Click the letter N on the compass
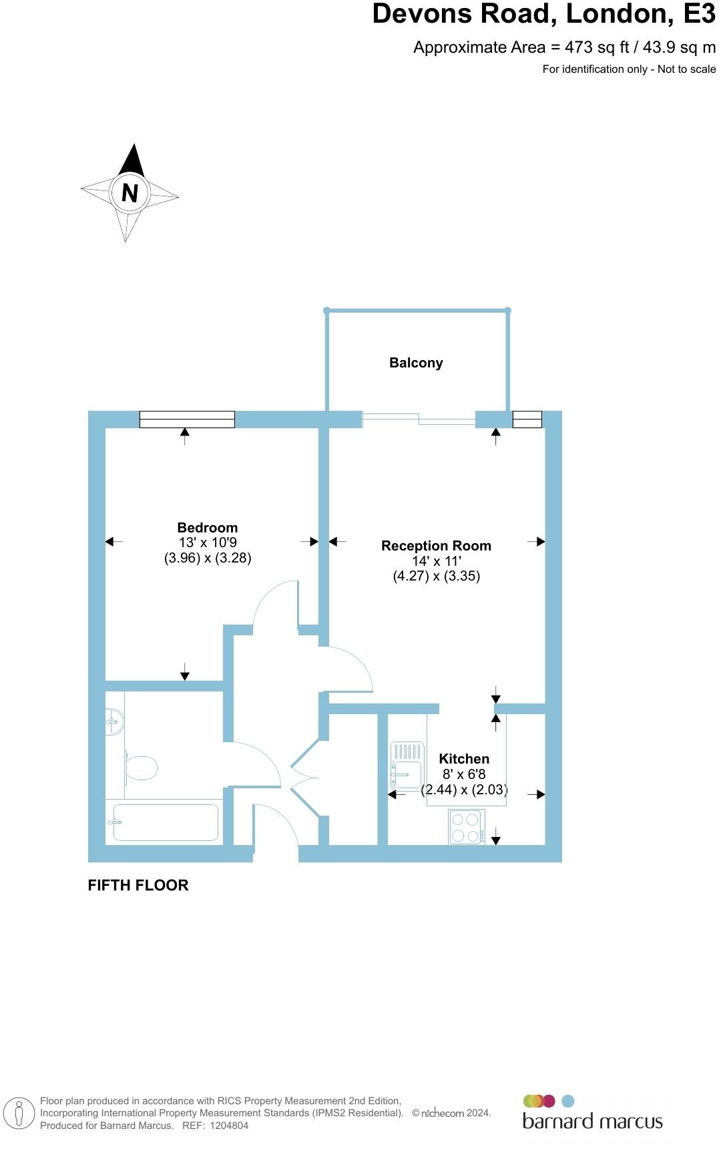pos(130,192)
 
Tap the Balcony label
pos(416,363)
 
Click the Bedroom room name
pos(207,528)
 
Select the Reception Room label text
pos(436,546)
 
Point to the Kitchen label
pos(464,759)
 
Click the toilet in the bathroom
pos(140,768)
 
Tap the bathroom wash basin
pos(114,721)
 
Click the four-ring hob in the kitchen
pos(467,827)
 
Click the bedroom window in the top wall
pos(187,419)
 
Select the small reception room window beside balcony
pos(527,419)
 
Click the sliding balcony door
pos(419,419)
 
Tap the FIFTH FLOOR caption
pos(138,885)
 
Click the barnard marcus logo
pos(592,1114)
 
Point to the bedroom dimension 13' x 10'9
pos(208,543)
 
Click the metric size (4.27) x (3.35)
pos(436,576)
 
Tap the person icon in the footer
pos(19,1114)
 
